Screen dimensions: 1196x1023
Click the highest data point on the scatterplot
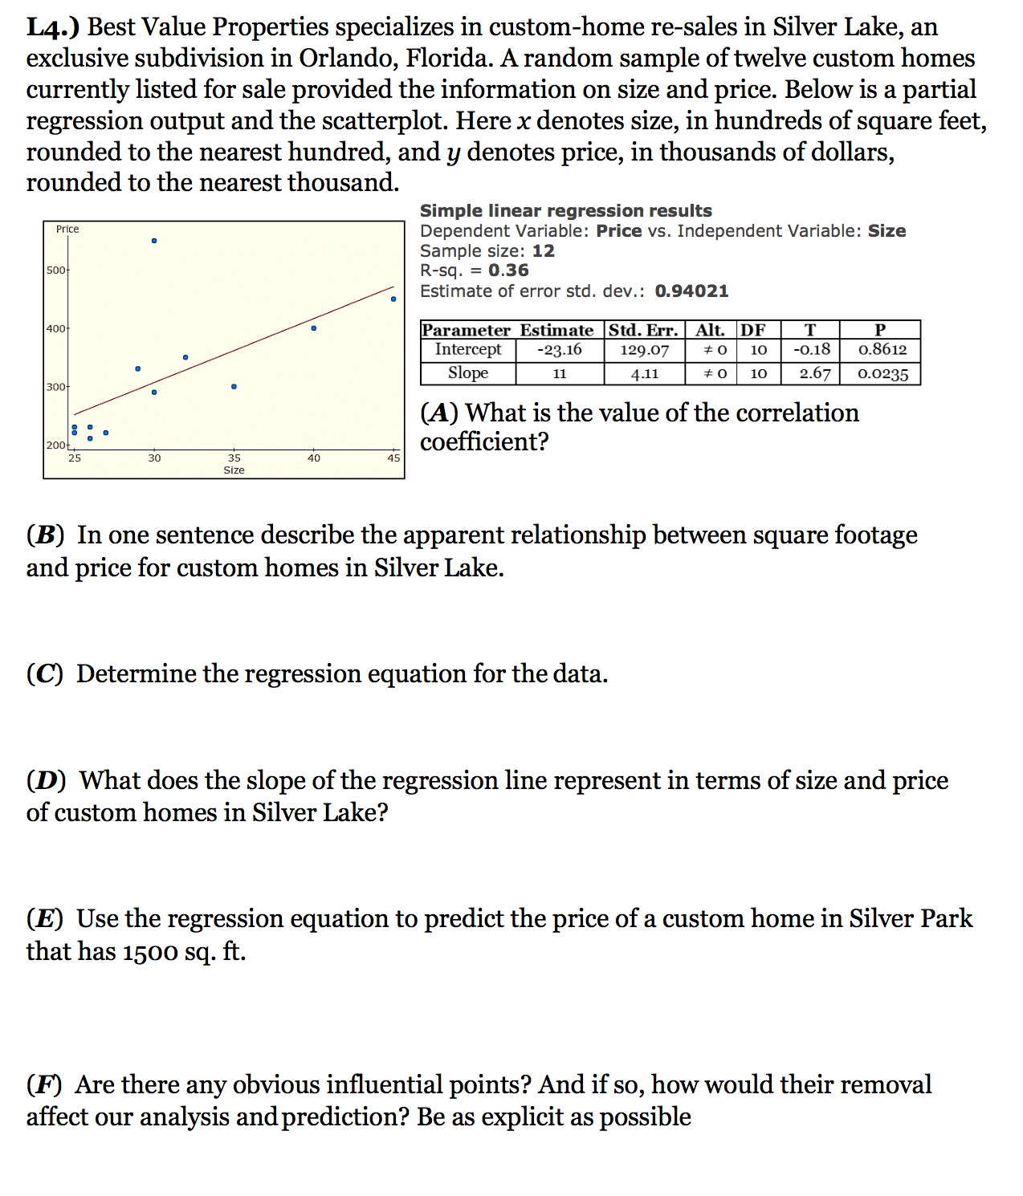point(154,241)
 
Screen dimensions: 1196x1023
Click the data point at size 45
point(393,299)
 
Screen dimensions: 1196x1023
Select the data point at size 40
point(314,328)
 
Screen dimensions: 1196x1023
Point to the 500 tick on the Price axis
point(56,271)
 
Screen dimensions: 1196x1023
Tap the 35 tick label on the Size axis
point(234,458)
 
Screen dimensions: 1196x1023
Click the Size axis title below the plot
point(234,470)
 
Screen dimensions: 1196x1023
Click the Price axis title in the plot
point(67,230)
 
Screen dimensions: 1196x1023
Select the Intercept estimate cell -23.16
point(560,350)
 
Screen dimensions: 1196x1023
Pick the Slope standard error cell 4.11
point(644,373)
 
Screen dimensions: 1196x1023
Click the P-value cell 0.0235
point(882,374)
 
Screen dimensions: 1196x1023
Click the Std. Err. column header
point(643,330)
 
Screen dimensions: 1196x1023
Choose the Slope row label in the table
point(468,373)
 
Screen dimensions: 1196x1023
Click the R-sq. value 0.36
point(508,271)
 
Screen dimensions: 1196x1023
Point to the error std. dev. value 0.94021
point(691,291)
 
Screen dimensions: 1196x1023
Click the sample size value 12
point(543,250)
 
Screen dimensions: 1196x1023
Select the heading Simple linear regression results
point(565,210)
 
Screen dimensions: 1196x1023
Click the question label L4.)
point(53,27)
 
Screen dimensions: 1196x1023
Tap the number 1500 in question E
point(151,952)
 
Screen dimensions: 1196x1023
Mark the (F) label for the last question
point(45,1085)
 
